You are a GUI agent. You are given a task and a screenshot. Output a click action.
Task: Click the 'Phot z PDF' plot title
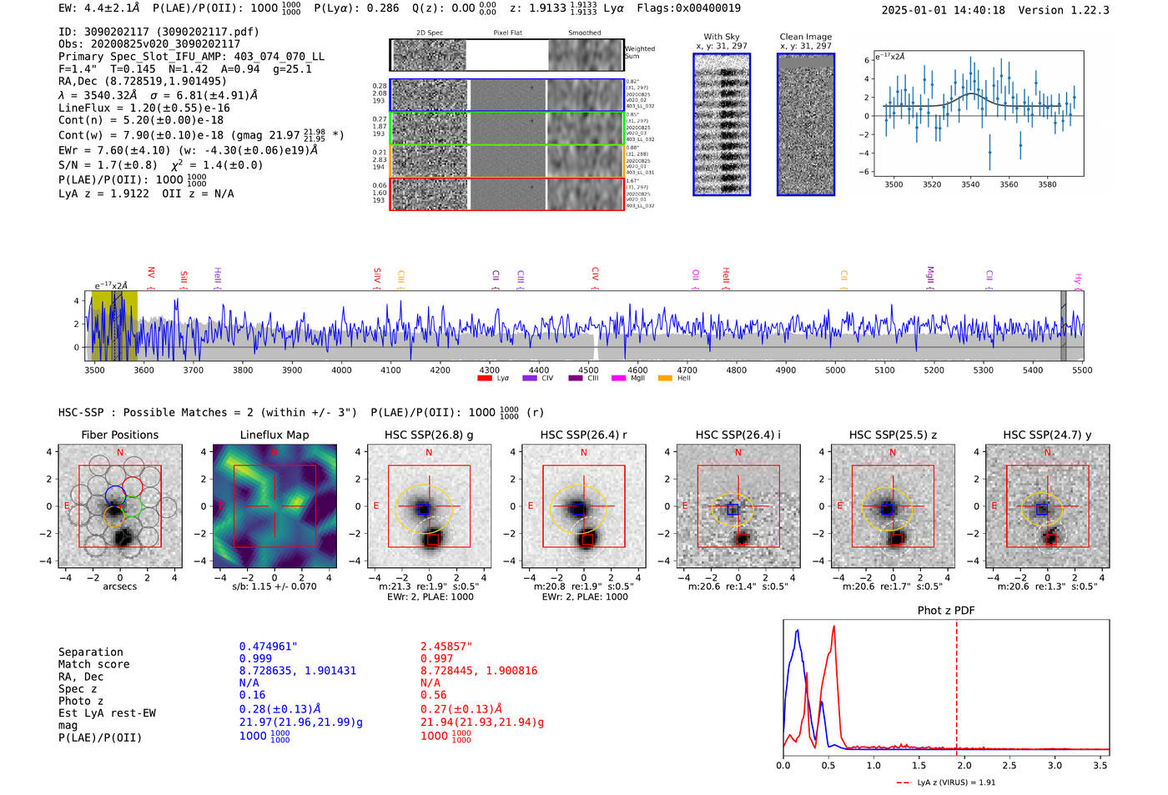(946, 611)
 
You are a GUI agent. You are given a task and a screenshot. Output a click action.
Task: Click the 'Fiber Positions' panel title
(119, 435)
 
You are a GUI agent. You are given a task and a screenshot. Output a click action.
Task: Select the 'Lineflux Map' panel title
(274, 435)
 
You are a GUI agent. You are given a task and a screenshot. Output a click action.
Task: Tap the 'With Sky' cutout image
(722, 124)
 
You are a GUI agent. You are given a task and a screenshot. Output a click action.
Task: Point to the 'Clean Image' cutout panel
(806, 124)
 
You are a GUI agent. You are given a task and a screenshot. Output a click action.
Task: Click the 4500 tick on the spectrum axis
(588, 370)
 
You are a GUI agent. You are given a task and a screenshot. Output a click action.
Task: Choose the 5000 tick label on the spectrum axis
(835, 370)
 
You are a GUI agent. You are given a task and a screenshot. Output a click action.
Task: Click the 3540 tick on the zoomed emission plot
(970, 184)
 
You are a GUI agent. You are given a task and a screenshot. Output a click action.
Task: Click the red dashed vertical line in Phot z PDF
(957, 684)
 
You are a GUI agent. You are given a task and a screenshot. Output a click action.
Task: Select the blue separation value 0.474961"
(268, 647)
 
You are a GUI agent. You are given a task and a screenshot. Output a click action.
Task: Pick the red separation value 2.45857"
(446, 647)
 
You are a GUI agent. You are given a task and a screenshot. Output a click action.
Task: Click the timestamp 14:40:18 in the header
(977, 11)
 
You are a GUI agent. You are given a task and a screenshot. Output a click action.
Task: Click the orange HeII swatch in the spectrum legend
(665, 379)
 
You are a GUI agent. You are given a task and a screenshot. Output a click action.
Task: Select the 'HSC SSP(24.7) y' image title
(1047, 435)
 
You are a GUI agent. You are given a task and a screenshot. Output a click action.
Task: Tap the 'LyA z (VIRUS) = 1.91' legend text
(956, 782)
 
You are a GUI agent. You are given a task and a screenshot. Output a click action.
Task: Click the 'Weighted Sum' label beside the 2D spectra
(639, 53)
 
